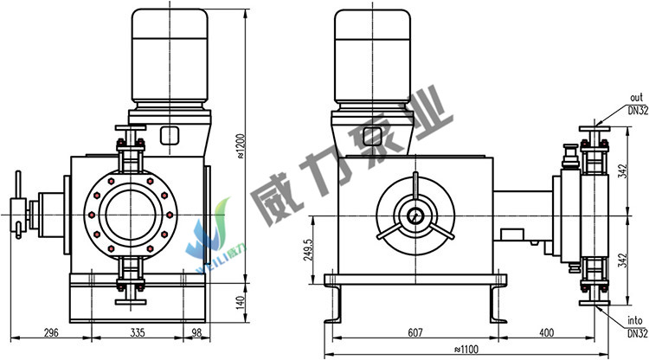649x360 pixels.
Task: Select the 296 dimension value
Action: coord(51,332)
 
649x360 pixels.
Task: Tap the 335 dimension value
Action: coord(138,332)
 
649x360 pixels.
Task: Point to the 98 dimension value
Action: coord(196,332)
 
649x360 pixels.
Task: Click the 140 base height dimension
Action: coord(241,303)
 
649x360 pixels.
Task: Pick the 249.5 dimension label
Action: coord(308,250)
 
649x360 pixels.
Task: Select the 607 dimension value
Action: coord(415,332)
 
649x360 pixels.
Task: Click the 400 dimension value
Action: coord(546,332)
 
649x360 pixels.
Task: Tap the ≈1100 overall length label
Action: coord(466,350)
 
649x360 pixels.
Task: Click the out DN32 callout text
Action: coord(638,104)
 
